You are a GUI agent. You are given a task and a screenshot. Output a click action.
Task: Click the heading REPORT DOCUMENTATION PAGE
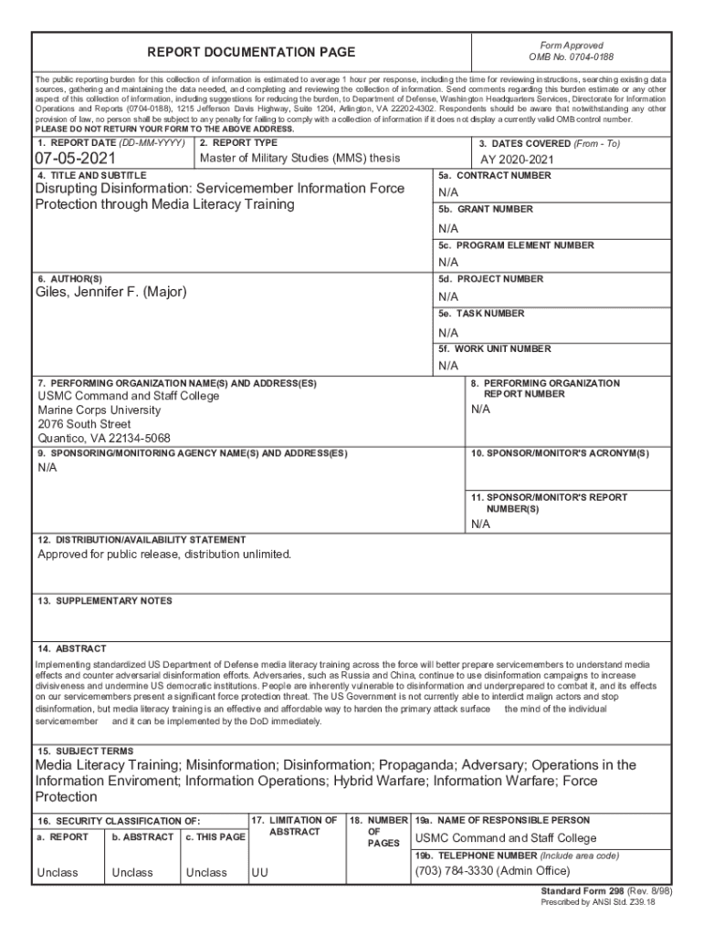click(251, 53)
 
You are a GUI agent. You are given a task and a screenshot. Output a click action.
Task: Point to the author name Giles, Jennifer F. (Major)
click(110, 293)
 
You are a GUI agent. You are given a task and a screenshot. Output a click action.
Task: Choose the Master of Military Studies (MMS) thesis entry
click(299, 158)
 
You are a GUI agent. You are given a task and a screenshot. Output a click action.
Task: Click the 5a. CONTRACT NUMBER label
click(494, 175)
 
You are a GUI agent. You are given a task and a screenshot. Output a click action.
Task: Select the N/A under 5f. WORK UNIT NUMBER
click(448, 366)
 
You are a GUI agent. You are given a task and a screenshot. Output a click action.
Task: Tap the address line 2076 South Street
click(84, 424)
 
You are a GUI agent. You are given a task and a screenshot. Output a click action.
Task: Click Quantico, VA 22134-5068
click(104, 438)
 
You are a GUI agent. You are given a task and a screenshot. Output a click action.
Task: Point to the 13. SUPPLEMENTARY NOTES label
click(105, 601)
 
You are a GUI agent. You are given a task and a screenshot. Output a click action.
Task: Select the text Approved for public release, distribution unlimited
click(165, 554)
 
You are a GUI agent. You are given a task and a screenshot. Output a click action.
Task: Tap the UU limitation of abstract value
click(260, 873)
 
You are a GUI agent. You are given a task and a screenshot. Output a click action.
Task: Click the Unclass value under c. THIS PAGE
click(206, 873)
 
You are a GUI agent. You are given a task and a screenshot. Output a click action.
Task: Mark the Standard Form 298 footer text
click(598, 891)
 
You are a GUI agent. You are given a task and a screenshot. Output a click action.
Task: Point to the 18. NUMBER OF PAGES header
click(378, 831)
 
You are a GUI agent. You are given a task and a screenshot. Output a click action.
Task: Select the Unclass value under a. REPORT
click(58, 873)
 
